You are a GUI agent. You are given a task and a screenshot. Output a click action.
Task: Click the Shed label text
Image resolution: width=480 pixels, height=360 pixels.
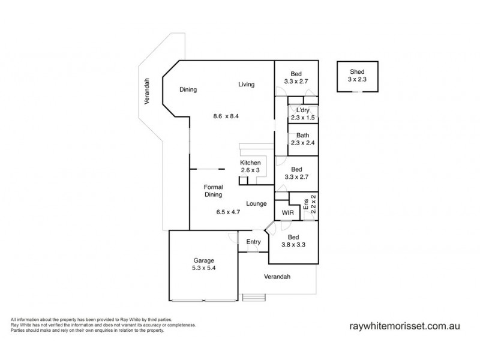(357, 71)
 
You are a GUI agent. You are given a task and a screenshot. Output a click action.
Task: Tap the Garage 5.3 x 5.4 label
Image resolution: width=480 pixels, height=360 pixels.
(203, 265)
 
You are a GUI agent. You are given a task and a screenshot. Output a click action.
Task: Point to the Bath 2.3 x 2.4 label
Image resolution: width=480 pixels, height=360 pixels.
(302, 139)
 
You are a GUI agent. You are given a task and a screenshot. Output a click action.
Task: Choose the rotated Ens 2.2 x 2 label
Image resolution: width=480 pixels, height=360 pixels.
(310, 205)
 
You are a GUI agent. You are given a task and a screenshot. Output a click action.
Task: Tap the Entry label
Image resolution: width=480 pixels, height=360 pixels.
(253, 242)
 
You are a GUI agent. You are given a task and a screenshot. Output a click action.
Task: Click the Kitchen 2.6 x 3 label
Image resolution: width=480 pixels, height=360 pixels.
(250, 167)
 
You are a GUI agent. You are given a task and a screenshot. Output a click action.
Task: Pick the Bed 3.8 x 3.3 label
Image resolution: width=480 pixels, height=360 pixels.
(294, 241)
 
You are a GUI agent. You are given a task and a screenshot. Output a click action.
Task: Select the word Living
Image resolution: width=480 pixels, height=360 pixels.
(247, 85)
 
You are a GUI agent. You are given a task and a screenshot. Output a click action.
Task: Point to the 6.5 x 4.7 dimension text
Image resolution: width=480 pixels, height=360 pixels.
(228, 212)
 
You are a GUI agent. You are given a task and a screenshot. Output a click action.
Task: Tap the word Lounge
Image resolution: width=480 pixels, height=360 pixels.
(256, 204)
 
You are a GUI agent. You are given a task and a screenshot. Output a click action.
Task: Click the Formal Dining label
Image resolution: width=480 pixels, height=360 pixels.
(213, 191)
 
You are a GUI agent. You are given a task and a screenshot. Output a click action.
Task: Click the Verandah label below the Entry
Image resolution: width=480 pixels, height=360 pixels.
(277, 277)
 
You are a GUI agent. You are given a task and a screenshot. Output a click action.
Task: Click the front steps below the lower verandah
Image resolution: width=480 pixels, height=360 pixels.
(253, 297)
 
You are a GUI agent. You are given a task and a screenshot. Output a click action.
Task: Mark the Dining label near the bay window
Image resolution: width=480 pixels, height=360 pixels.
(188, 90)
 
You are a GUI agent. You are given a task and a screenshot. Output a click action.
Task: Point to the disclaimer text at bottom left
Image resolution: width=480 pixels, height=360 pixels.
(102, 325)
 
